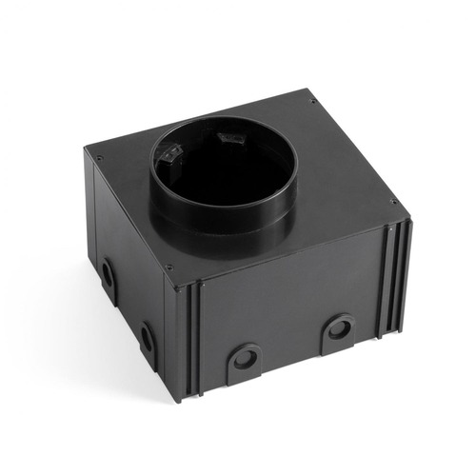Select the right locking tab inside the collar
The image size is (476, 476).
pyautogui.click(x=228, y=139)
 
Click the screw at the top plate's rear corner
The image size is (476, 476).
pyautogui.click(x=311, y=99)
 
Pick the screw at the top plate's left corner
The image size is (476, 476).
pyautogui.click(x=95, y=152)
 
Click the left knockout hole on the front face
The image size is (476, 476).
pyautogui.click(x=245, y=359)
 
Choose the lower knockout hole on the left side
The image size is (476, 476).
pyautogui.click(x=147, y=338)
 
